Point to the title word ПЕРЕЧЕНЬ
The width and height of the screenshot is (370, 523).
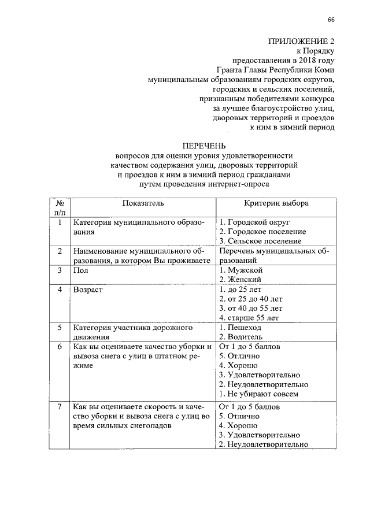tap(205, 146)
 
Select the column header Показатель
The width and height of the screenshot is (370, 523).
tap(143, 203)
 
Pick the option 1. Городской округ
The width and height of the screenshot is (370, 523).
tap(254, 222)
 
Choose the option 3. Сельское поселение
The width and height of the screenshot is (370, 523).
tap(260, 240)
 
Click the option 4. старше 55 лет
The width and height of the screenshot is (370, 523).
tap(249, 317)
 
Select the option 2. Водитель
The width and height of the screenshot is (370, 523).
tap(241, 336)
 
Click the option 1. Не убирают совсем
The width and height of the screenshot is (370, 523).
tap(258, 394)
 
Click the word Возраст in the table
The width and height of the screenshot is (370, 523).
tap(88, 289)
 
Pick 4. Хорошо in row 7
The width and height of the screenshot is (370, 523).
tap(238, 425)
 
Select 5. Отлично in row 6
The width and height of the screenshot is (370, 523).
tap(239, 356)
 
